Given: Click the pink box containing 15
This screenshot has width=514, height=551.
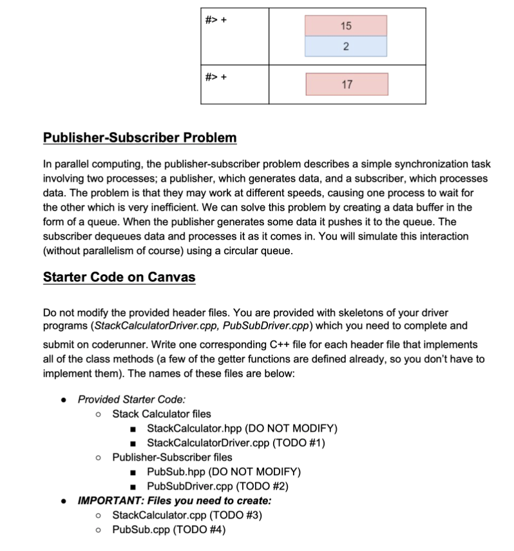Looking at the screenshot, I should click(346, 26).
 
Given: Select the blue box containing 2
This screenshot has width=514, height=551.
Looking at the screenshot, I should click(346, 46).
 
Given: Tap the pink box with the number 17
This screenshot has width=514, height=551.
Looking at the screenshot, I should click(347, 84).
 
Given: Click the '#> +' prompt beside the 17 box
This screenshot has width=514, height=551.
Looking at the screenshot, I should click(216, 78).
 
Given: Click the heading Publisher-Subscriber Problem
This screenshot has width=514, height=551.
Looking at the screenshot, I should click(140, 138).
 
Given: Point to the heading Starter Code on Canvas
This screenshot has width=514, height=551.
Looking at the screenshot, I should click(119, 277).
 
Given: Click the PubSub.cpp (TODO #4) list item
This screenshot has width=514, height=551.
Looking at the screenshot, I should click(169, 529).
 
